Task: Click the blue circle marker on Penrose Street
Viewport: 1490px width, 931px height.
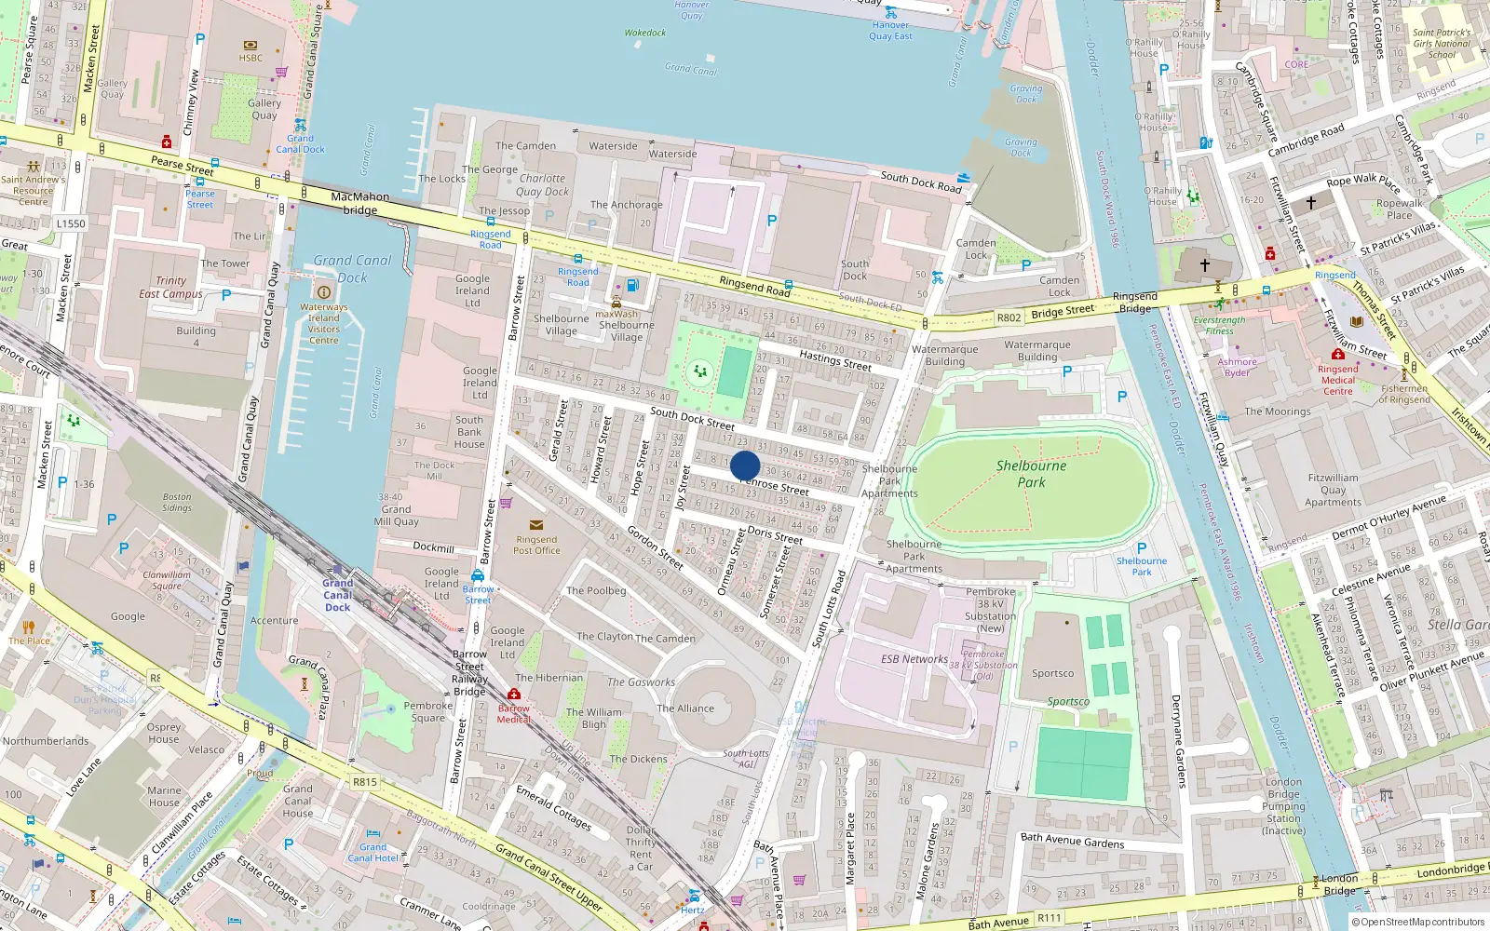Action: (745, 465)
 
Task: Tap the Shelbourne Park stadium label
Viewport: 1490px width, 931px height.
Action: (1031, 474)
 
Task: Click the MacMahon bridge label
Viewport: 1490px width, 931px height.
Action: (360, 203)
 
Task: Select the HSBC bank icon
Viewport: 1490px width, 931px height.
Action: (251, 45)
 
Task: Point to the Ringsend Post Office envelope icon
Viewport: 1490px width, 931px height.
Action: (536, 525)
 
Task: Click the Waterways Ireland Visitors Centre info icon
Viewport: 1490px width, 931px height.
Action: (324, 292)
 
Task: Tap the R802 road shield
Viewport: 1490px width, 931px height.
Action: (1009, 317)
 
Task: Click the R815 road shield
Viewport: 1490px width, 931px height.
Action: (364, 782)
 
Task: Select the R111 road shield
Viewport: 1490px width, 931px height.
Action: (1050, 918)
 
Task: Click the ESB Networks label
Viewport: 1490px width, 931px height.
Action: (914, 659)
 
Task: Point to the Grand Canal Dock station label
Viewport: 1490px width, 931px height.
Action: (337, 595)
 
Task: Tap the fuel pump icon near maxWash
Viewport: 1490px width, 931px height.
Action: (633, 285)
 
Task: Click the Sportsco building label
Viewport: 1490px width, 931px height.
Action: (1052, 673)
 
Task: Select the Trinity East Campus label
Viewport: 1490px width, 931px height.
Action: (170, 287)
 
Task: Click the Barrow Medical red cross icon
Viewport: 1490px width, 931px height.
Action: (514, 695)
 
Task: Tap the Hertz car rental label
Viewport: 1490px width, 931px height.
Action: (692, 910)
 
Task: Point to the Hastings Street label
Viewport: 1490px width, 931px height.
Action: (835, 360)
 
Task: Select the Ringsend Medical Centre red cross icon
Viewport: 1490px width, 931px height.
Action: (1337, 355)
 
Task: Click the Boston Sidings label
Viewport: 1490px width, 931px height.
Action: (177, 502)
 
